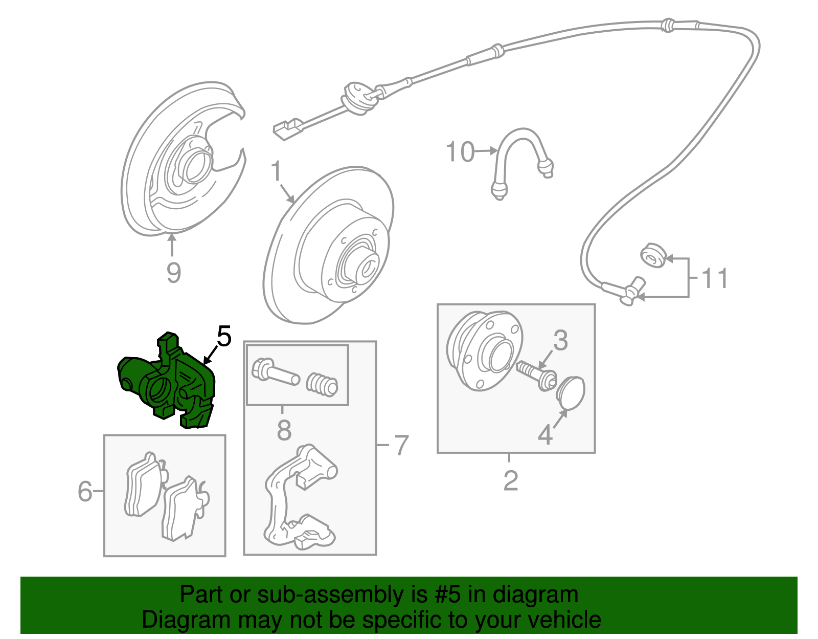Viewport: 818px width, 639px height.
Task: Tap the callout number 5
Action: coord(224,336)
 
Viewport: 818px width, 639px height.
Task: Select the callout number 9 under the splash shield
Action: coord(173,272)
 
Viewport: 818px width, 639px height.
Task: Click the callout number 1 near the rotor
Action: coord(276,171)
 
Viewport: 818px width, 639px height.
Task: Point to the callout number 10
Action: coord(460,152)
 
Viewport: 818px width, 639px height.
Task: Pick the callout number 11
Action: coord(714,279)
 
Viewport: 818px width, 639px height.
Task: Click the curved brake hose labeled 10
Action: coord(521,153)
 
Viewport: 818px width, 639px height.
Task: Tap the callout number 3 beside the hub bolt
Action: coord(560,340)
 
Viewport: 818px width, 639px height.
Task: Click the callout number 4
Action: coord(545,435)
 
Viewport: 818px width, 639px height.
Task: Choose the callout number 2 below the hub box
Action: coord(510,481)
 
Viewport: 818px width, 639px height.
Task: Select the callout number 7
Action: coord(402,445)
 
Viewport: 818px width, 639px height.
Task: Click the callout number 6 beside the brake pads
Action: coord(85,491)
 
